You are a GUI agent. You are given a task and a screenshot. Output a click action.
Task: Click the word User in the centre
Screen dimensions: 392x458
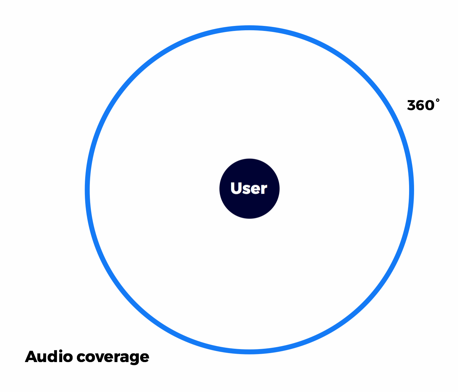(x=249, y=188)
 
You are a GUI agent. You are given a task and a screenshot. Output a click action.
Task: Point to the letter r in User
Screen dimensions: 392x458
(x=264, y=189)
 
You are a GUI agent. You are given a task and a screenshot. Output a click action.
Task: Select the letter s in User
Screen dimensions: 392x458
(x=247, y=189)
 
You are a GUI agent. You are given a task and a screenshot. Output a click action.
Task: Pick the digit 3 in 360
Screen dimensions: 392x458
(x=411, y=106)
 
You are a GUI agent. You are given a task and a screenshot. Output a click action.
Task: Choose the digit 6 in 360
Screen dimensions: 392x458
(x=420, y=106)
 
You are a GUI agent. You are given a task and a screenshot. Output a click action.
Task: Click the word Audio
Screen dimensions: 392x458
(x=49, y=357)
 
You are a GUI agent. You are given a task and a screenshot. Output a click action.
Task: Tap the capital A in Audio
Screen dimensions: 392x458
(x=31, y=357)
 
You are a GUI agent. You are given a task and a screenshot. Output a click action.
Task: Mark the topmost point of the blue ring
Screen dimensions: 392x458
(x=249, y=28)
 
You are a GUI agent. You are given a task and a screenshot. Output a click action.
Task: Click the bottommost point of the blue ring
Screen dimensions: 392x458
(x=249, y=352)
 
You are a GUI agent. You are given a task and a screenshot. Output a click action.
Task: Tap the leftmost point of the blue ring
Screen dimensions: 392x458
(x=87, y=190)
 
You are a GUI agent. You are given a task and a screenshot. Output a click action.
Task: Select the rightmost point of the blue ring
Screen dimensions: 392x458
(x=411, y=190)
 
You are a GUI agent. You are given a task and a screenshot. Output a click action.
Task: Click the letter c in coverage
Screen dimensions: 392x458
(x=81, y=358)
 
